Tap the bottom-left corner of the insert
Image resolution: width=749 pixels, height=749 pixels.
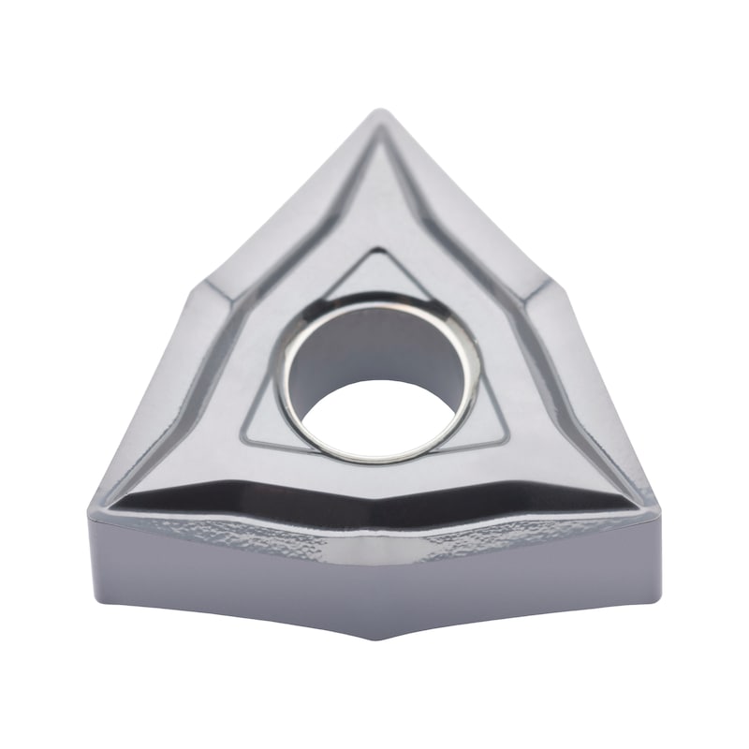94,510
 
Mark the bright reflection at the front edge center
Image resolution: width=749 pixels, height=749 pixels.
374,552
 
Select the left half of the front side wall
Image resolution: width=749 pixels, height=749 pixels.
225,580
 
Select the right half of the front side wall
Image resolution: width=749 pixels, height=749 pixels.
524,580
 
